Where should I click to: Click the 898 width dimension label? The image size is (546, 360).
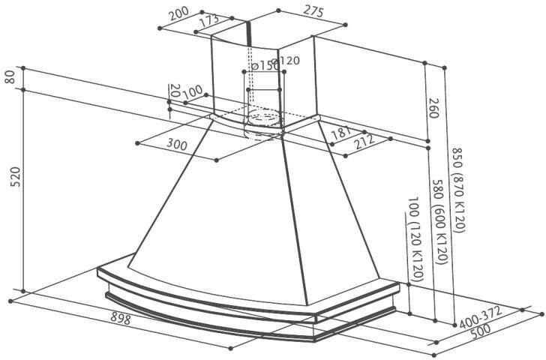(121, 318)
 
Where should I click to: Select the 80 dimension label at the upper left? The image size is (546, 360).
(10, 77)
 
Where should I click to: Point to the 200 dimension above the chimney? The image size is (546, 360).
(178, 14)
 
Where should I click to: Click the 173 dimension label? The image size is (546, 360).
(209, 22)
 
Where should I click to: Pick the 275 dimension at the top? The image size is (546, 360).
(313, 10)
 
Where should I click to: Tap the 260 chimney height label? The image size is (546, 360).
(433, 107)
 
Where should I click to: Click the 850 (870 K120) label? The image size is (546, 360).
(459, 190)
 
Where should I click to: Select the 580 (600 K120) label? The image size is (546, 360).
(439, 221)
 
